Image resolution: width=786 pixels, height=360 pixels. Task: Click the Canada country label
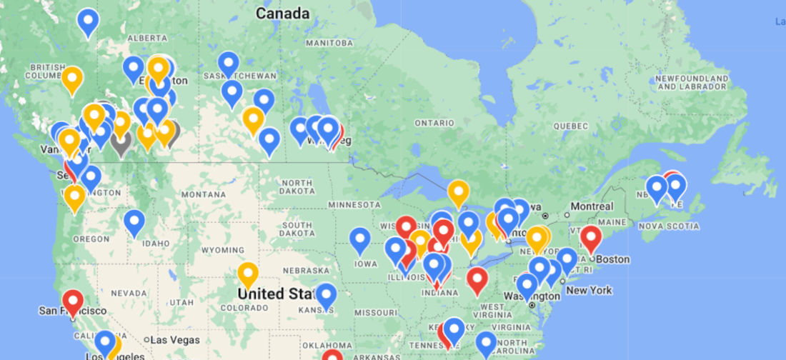tap(283, 14)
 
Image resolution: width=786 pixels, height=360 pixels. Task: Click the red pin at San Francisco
tap(72, 301)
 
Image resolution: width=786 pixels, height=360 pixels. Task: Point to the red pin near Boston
tap(590, 237)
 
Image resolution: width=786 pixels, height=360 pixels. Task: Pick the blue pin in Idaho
tap(134, 221)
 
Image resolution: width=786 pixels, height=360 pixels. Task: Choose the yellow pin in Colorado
tap(247, 274)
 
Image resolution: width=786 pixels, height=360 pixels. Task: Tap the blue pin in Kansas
tap(326, 295)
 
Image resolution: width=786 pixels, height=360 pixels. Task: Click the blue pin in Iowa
tap(360, 239)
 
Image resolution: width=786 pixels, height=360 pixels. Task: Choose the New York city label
tap(590, 291)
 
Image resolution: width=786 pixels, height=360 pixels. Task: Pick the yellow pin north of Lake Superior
tap(458, 192)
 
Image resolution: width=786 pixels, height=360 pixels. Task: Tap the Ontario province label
tap(434, 124)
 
